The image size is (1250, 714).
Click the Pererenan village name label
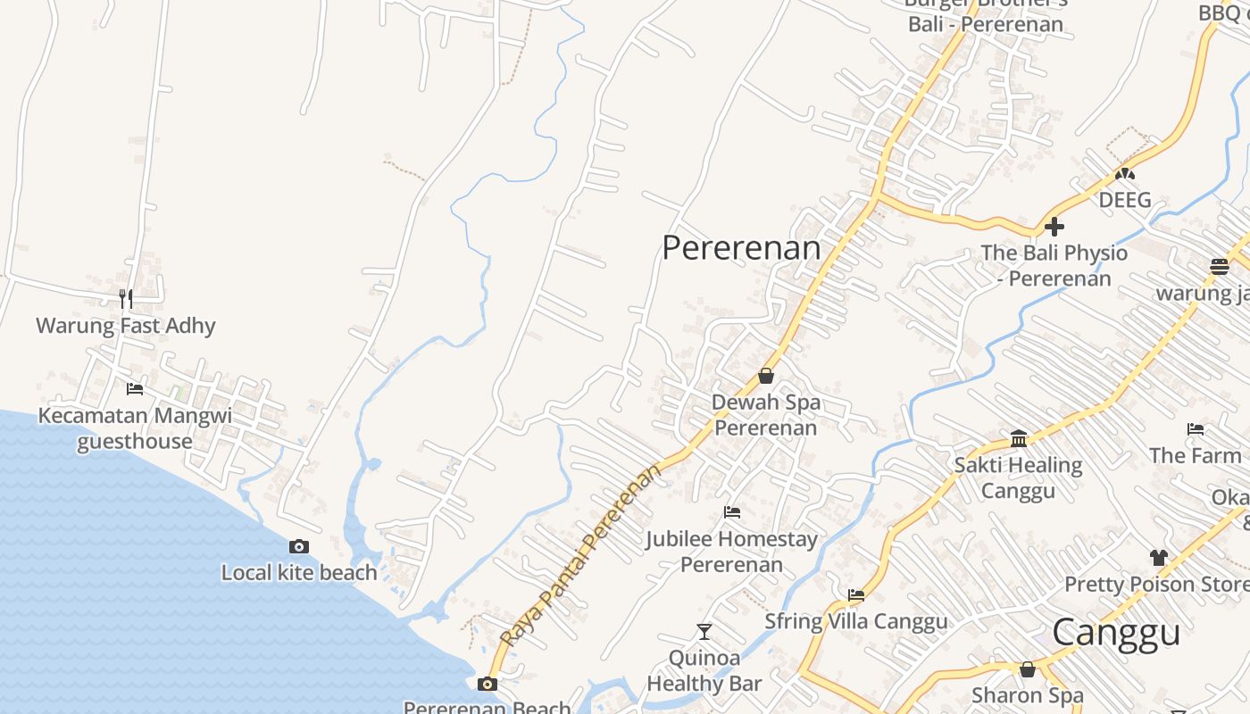click(741, 248)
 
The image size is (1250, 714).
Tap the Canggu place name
click(1116, 633)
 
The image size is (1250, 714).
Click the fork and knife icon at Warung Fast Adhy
click(126, 299)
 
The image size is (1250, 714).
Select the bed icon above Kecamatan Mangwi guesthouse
click(135, 388)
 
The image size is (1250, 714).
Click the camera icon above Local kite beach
click(299, 546)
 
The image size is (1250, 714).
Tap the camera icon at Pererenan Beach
click(487, 684)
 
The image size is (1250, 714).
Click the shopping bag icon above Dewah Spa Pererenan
click(765, 376)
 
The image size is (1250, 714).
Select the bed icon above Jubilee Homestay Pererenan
click(732, 512)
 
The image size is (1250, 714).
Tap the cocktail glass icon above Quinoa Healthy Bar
click(704, 632)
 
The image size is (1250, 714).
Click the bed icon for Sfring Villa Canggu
click(856, 594)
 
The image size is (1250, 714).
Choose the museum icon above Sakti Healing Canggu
click(1019, 438)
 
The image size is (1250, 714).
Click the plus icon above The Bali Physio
click(1054, 226)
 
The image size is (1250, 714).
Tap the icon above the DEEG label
click(1125, 173)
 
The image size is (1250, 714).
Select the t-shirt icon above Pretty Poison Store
click(1159, 558)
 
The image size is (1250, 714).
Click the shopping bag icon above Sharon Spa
click(1028, 668)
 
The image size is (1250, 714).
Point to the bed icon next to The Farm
click(1196, 429)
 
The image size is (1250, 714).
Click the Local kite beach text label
click(299, 573)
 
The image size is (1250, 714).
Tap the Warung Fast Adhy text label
click(126, 326)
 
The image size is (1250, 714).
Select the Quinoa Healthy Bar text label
click(704, 671)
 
